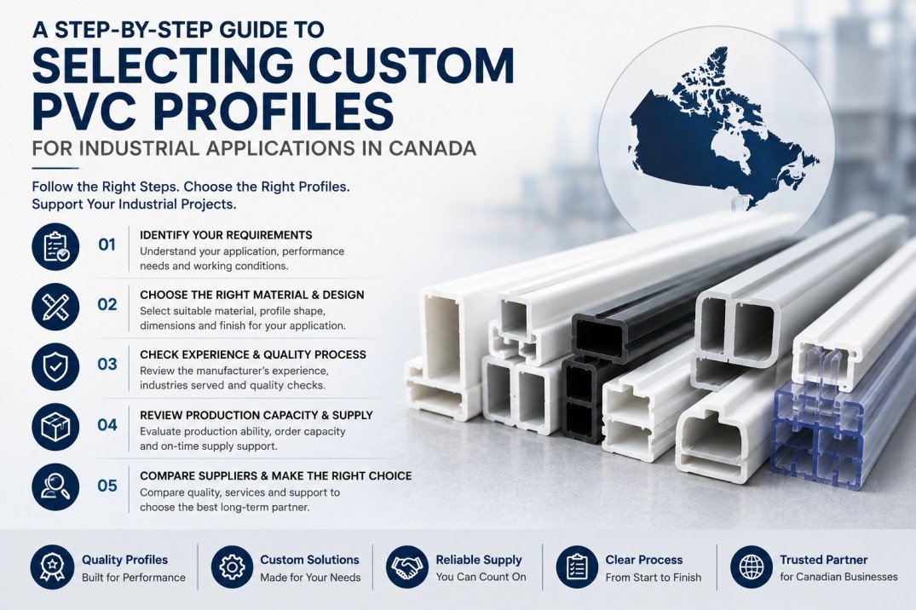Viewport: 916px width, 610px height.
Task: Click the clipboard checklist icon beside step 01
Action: coord(55,246)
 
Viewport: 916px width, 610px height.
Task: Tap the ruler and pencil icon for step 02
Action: coord(55,307)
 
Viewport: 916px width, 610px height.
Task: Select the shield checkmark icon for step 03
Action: coord(55,367)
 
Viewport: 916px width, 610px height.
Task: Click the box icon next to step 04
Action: coord(55,427)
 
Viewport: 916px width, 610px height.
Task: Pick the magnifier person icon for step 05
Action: coord(55,487)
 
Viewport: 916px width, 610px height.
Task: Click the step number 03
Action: coord(107,365)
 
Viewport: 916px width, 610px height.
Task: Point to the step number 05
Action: coord(107,486)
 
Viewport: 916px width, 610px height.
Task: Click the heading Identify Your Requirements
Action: coord(226,235)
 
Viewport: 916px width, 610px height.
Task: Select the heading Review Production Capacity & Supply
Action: coord(256,415)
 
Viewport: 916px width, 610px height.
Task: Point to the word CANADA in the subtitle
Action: coord(432,148)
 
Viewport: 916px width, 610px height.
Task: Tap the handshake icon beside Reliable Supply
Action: coord(407,567)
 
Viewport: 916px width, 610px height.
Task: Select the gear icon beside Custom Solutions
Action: coord(232,567)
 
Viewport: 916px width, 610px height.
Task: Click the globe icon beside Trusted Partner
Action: coord(752,567)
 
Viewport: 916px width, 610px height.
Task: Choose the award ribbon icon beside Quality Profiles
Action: coord(52,567)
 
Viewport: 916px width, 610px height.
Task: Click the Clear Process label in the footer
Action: coord(644,560)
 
